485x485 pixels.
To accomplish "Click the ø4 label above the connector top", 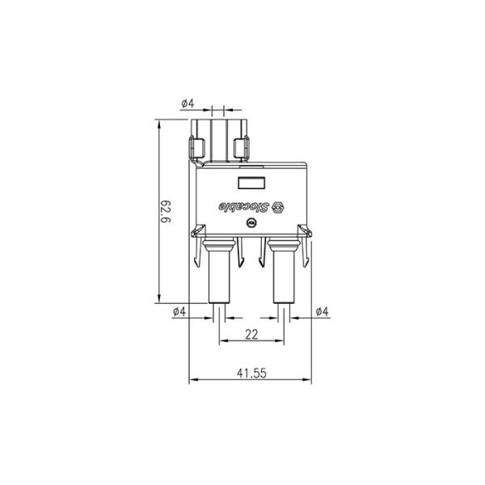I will coord(187,103).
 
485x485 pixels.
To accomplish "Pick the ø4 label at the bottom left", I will coord(179,311).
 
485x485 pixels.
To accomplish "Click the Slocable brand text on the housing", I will coord(241,206).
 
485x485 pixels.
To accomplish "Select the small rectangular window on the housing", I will coord(251,183).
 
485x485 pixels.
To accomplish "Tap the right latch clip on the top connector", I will coord(240,148).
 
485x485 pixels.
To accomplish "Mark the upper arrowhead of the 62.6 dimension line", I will coord(159,126).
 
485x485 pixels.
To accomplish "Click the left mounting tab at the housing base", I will coord(196,234).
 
